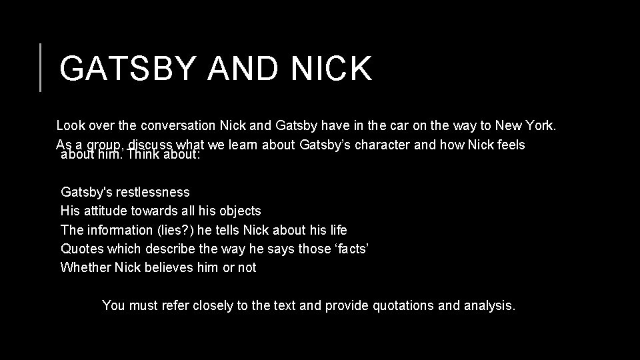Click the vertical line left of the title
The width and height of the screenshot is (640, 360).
tap(41, 67)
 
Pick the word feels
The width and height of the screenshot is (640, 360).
tap(510, 145)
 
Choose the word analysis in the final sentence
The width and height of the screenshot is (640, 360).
tap(490, 306)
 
